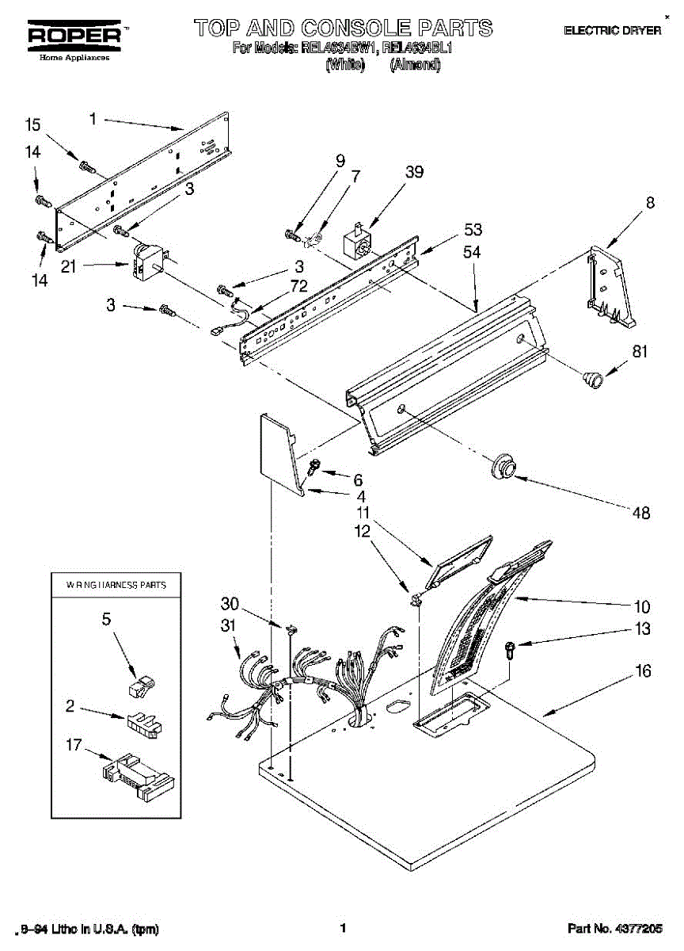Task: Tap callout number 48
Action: (641, 513)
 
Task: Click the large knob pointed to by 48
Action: (502, 465)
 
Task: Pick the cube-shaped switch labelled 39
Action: (356, 241)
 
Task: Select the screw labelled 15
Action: (86, 166)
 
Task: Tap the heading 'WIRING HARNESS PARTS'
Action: (116, 586)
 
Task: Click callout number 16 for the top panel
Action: (643, 671)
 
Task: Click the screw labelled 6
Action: (313, 467)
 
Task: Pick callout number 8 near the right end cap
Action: (650, 202)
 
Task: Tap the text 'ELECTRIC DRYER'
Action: (612, 30)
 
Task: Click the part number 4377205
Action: (637, 927)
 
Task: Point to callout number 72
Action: (298, 286)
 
